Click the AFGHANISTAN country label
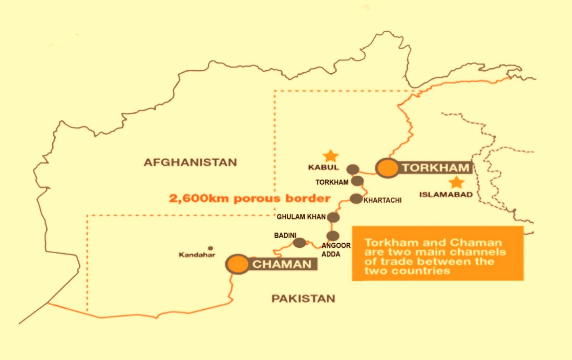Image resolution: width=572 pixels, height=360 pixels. (190, 162)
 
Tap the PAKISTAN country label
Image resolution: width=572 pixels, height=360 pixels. (303, 299)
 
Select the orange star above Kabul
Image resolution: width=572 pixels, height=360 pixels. (331, 155)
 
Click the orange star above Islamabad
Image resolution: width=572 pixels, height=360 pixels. (455, 182)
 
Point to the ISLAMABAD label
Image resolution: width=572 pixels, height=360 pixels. (446, 195)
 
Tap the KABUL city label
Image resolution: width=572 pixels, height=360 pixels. (323, 167)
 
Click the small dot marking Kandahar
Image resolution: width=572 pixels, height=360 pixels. (210, 248)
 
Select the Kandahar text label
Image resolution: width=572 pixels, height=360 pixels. (197, 255)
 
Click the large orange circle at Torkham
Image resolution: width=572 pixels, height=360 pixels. (387, 168)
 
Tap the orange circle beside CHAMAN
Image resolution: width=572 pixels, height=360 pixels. (238, 264)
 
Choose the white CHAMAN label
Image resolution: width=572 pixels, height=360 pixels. (282, 264)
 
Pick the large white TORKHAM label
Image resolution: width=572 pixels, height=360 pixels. (436, 167)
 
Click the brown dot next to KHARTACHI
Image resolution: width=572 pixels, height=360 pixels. (356, 199)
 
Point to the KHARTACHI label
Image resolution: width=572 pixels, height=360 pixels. (383, 200)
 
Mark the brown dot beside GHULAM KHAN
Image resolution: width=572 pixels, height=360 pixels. (333, 217)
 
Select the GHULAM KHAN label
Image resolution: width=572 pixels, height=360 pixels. (301, 217)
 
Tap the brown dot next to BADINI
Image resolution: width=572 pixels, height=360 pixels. (300, 242)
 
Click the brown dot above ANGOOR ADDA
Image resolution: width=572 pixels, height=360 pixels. (333, 236)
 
